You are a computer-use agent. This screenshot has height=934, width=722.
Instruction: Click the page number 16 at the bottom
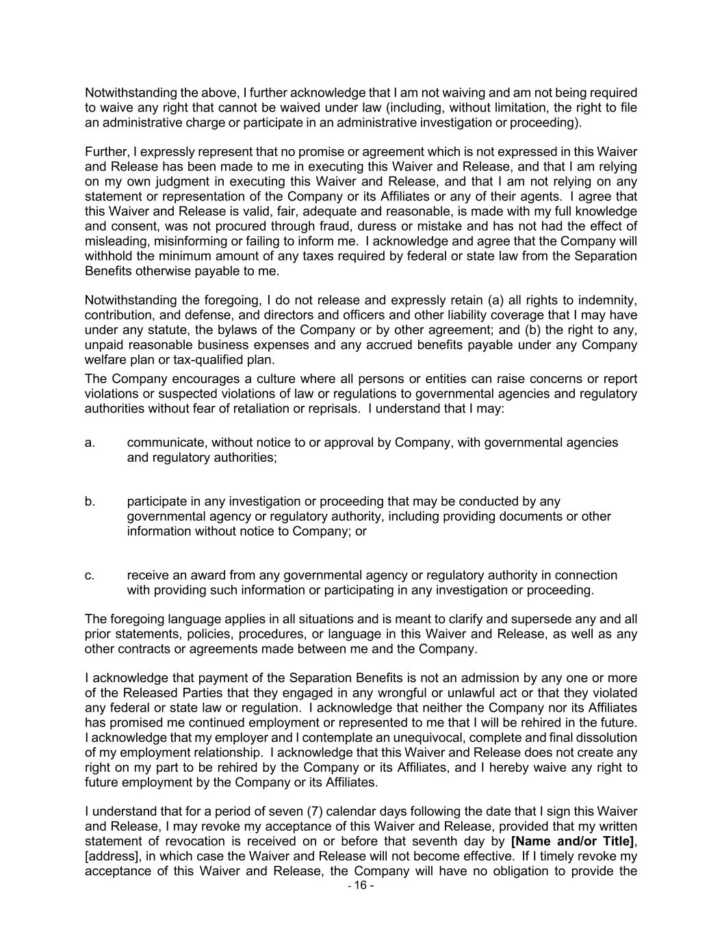click(x=361, y=885)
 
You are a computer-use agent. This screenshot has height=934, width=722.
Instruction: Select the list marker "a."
click(x=90, y=443)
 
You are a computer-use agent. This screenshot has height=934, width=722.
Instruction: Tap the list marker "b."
click(x=90, y=502)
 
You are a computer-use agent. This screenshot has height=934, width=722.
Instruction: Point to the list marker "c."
click(x=90, y=575)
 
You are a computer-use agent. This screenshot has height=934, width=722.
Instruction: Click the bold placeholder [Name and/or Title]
click(x=572, y=842)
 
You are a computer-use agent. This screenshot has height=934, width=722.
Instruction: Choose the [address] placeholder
click(x=109, y=857)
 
